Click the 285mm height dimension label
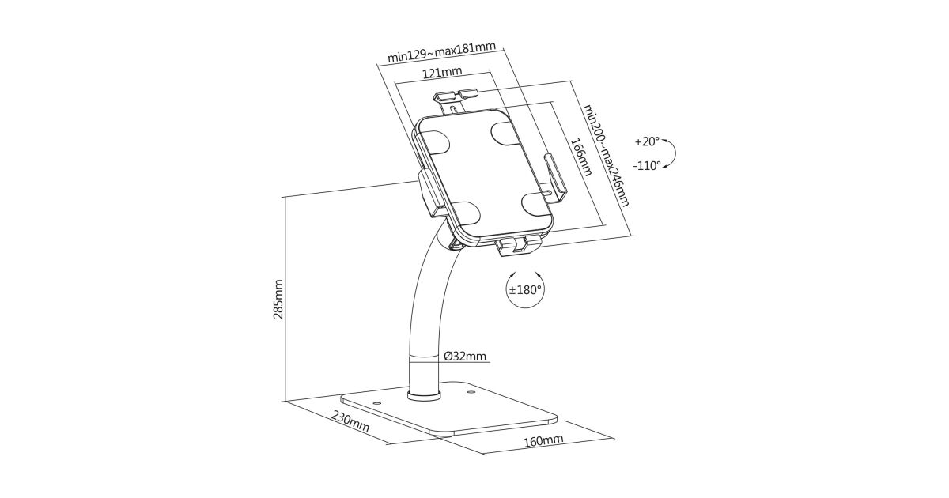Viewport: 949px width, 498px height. click(x=278, y=299)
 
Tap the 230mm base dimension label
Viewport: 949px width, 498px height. click(x=350, y=421)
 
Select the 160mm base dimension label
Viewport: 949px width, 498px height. click(x=543, y=440)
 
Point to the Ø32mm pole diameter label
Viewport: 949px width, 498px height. click(x=465, y=357)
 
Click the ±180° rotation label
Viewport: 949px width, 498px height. click(x=525, y=289)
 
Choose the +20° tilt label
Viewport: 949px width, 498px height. click(x=647, y=141)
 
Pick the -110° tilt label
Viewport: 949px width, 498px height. click(x=647, y=165)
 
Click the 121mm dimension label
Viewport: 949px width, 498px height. click(x=442, y=73)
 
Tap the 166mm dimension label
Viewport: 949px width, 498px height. click(x=580, y=157)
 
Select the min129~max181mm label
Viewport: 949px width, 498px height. click(x=441, y=52)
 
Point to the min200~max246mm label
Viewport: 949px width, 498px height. click(x=606, y=156)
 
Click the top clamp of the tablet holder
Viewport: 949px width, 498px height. click(x=456, y=100)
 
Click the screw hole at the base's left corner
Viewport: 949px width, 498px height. click(x=376, y=404)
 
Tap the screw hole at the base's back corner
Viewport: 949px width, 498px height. click(x=468, y=393)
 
